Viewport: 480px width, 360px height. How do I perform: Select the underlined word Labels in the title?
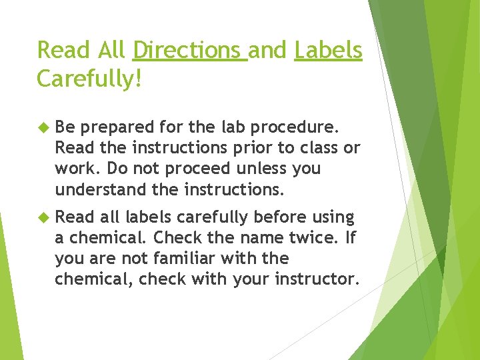tap(329, 50)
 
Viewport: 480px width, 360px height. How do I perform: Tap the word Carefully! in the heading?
tap(89, 78)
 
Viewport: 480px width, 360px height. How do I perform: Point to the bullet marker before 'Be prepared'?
tap(44, 126)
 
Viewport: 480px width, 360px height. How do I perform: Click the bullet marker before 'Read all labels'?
tap(44, 217)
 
